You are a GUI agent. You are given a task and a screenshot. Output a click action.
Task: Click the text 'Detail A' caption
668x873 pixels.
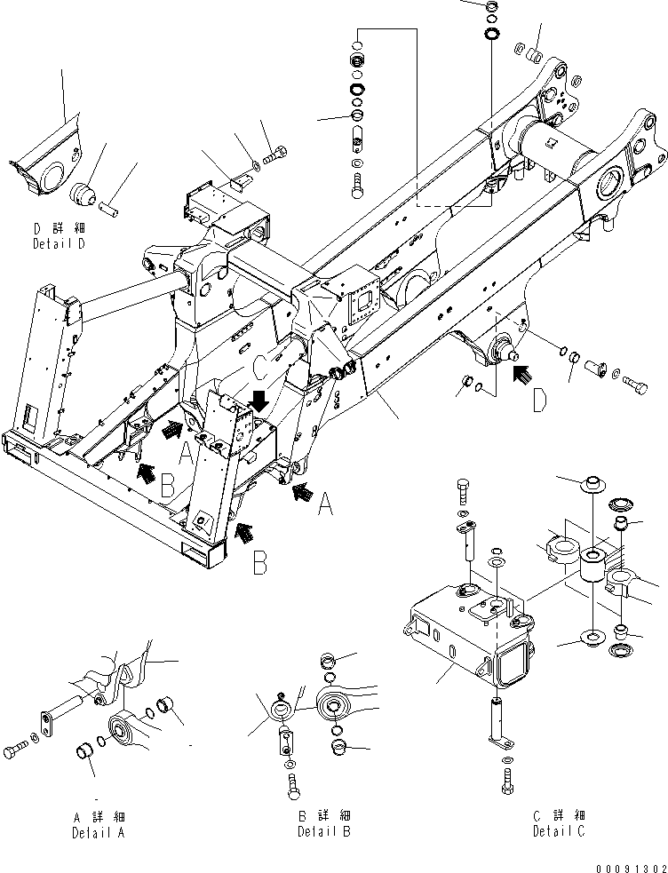[98, 833]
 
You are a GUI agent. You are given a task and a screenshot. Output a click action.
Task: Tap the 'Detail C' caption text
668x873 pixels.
[559, 831]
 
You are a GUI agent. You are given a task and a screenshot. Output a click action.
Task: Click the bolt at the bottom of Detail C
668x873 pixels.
[506, 781]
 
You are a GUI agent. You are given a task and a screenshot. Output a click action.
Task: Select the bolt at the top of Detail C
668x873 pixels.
[463, 489]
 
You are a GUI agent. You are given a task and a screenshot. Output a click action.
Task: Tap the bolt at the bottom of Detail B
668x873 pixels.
[292, 783]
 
